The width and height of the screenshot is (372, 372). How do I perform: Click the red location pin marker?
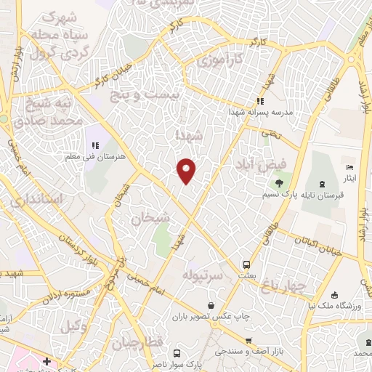pyautogui.click(x=187, y=170)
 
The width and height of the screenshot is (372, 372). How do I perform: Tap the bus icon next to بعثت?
pyautogui.click(x=247, y=264)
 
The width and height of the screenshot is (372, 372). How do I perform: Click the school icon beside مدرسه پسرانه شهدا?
pyautogui.click(x=260, y=101)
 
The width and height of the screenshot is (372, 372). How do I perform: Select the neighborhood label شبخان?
pyautogui.click(x=151, y=217)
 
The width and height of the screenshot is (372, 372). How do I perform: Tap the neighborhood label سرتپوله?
pyautogui.click(x=201, y=276)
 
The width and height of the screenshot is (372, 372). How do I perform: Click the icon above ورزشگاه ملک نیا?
pyautogui.click(x=333, y=296)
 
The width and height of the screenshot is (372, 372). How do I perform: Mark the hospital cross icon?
pyautogui.click(x=46, y=360)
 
